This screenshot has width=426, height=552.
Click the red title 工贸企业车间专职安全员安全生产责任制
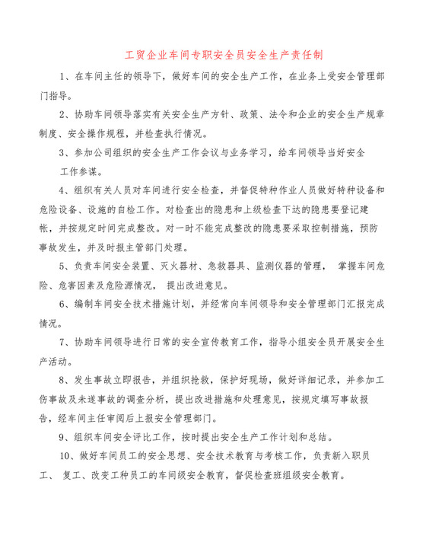213,56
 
